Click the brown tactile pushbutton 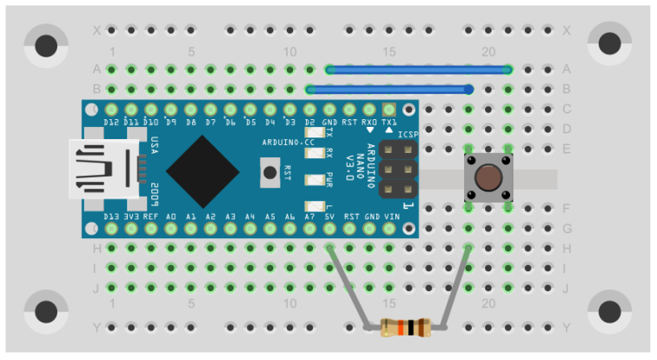[x=488, y=178]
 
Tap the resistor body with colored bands [x=405, y=328]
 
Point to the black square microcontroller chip [x=202, y=170]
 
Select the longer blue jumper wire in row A [x=418, y=69]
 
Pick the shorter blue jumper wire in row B [x=389, y=89]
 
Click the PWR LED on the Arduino [x=311, y=180]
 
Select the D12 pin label [x=111, y=122]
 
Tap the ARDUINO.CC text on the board [x=288, y=141]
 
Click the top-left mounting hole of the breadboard [x=45, y=43]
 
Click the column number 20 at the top [x=488, y=51]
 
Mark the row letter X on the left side [x=96, y=30]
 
